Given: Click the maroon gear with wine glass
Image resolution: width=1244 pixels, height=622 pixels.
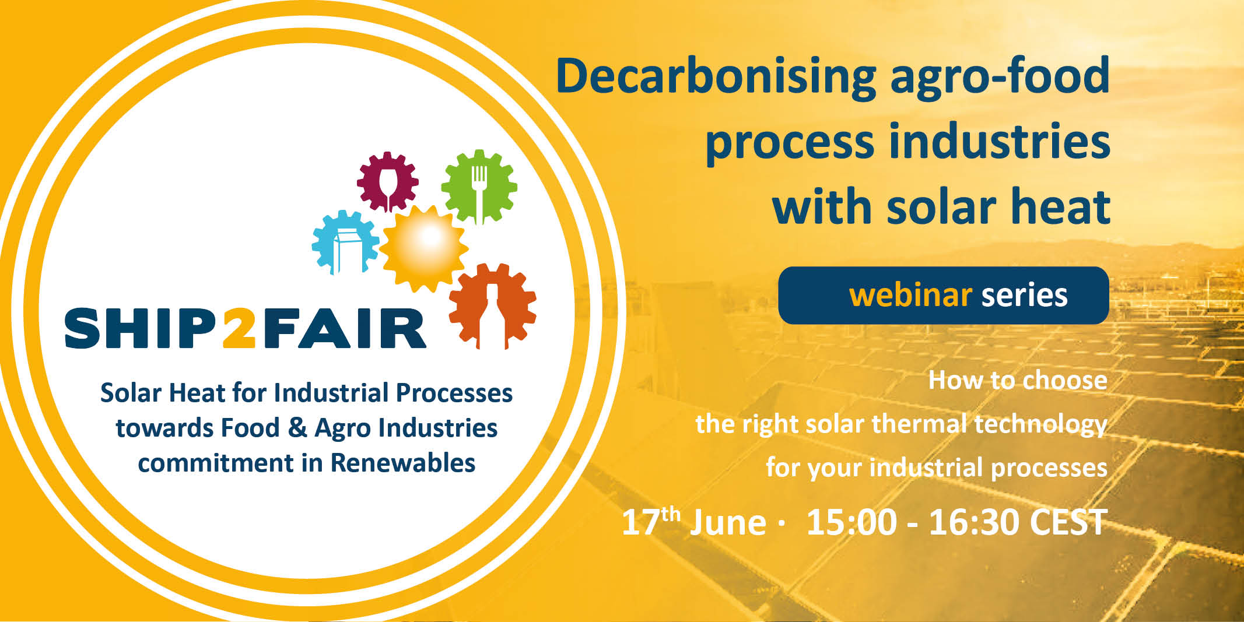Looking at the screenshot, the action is point(388,181).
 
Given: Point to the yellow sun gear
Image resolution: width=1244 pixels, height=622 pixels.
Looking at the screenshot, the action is point(424,247).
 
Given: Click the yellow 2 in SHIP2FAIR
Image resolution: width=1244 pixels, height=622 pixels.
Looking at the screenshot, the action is point(240,328).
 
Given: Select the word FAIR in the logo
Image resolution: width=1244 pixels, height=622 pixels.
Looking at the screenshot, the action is point(344,328).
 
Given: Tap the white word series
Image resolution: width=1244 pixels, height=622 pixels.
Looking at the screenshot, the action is point(1024,295).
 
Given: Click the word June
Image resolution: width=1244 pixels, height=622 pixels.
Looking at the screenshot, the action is point(728,522).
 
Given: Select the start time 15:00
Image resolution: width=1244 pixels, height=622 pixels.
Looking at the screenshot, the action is point(851,522).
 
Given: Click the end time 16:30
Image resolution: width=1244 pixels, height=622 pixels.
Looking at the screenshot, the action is point(974,522).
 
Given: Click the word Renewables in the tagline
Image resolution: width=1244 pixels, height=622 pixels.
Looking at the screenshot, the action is point(403,463).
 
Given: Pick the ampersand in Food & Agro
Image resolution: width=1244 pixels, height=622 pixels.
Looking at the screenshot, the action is point(297,428).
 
